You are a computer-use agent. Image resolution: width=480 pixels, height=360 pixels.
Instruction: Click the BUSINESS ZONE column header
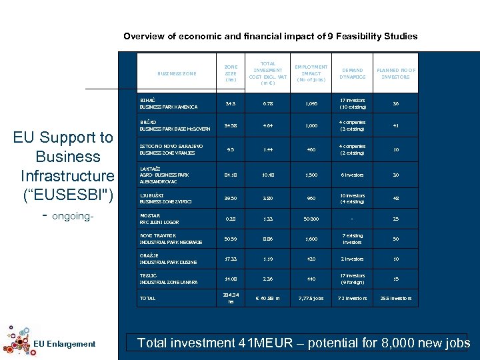(x=177, y=73)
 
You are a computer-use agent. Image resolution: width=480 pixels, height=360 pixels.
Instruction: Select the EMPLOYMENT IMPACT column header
(x=311, y=73)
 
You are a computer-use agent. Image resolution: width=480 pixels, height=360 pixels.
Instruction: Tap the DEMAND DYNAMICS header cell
(x=352, y=73)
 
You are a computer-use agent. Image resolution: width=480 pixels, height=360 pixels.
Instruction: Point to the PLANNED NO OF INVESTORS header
(x=395, y=73)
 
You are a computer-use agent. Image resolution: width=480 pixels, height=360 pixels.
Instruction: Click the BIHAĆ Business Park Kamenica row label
(x=159, y=103)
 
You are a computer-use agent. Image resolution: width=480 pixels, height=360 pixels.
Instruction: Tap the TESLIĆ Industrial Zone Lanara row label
(x=168, y=279)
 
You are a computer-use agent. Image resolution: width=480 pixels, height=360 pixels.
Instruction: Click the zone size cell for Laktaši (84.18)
(x=231, y=176)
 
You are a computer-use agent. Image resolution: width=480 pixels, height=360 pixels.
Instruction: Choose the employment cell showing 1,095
(x=311, y=103)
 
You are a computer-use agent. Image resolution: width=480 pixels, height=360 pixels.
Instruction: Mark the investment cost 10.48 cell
(x=268, y=176)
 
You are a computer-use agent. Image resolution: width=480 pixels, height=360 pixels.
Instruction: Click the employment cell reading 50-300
(x=311, y=219)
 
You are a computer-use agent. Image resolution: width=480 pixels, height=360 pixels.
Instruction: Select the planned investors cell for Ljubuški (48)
(x=395, y=199)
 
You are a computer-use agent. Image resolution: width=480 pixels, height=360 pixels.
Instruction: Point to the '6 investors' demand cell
(x=352, y=176)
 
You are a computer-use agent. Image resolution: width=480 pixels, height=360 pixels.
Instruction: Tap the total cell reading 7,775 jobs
(x=311, y=298)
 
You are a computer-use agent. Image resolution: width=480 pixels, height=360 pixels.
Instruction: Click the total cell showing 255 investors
(x=395, y=298)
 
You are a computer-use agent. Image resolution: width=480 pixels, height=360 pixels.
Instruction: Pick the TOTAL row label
(x=147, y=298)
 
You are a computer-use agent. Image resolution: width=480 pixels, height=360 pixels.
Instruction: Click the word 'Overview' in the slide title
(x=145, y=37)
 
